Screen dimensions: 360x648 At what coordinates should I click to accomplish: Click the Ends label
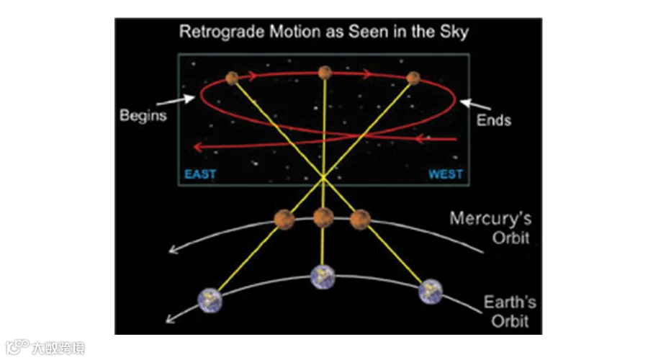click(494, 120)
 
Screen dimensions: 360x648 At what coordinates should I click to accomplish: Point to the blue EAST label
click(200, 174)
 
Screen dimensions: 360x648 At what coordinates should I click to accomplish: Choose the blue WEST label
click(446, 174)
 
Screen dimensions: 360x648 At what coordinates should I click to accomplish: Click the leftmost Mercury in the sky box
click(231, 78)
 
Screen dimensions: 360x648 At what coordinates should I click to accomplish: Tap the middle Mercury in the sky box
click(325, 72)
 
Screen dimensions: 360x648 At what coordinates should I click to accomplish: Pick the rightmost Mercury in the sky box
click(413, 78)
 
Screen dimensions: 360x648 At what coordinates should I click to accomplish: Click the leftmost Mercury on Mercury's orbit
click(284, 217)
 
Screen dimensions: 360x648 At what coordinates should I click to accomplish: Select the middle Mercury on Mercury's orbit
click(323, 216)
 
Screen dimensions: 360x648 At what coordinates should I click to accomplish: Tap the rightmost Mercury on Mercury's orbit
click(360, 218)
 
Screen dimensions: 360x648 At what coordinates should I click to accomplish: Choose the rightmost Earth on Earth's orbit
click(431, 289)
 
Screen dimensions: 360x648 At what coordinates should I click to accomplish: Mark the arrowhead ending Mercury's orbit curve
click(173, 251)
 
